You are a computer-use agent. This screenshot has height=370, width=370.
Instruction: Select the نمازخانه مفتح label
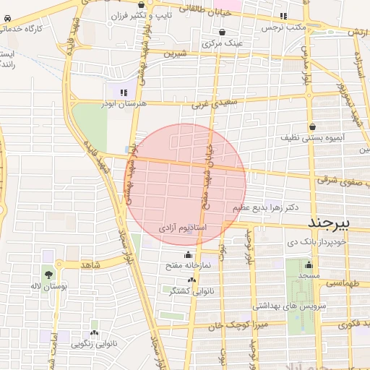click(x=187, y=264)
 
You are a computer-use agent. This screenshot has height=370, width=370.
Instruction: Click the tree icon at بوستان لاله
click(x=48, y=275)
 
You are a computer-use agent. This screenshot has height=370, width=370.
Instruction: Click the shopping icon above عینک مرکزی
click(x=221, y=33)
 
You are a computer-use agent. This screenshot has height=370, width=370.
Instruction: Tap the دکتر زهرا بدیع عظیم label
click(x=265, y=207)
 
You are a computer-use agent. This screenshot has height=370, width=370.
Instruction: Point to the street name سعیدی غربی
click(x=209, y=103)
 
